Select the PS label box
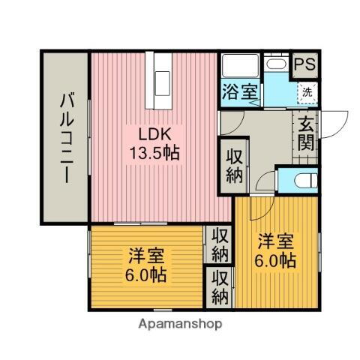304,64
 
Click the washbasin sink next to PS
277,64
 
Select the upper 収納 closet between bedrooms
220,244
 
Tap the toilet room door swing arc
264,181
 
